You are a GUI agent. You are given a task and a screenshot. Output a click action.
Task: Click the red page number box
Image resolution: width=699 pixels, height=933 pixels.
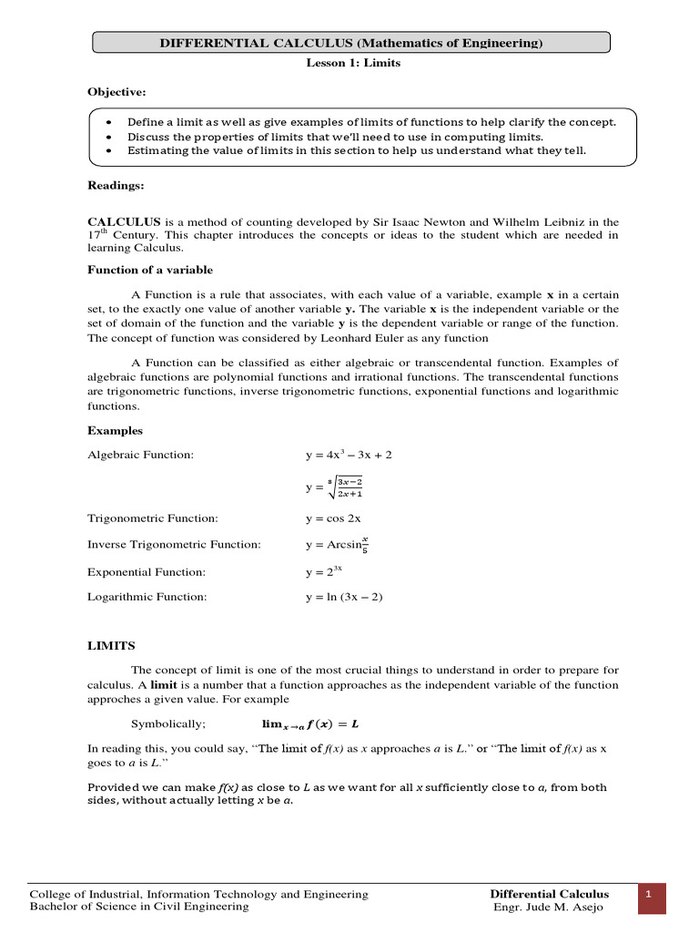pyautogui.click(x=651, y=897)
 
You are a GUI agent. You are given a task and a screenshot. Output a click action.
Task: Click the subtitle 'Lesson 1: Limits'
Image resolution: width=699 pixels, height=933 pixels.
pyautogui.click(x=352, y=63)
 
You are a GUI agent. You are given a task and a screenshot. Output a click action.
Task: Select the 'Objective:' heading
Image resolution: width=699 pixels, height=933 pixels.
pyautogui.click(x=116, y=93)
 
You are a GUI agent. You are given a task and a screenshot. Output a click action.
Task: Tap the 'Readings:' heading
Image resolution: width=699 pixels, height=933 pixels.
pyautogui.click(x=116, y=185)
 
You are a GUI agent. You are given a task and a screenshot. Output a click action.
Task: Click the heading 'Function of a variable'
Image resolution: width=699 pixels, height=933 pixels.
pyautogui.click(x=150, y=270)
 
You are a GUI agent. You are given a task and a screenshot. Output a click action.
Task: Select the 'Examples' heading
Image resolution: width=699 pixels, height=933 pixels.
pyautogui.click(x=115, y=430)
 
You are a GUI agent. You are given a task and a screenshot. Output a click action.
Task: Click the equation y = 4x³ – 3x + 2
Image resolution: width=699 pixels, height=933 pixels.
pyautogui.click(x=349, y=454)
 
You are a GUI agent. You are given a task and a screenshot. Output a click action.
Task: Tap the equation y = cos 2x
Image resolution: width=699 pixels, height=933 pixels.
pyautogui.click(x=333, y=518)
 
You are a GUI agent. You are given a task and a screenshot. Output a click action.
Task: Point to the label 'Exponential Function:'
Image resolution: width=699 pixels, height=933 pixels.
pyautogui.click(x=147, y=572)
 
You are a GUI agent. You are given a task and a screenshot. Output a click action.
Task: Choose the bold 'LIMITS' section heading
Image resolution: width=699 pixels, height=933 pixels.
pyautogui.click(x=111, y=645)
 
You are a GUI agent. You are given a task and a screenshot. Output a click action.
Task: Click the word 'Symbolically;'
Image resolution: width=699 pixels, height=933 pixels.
pyautogui.click(x=168, y=723)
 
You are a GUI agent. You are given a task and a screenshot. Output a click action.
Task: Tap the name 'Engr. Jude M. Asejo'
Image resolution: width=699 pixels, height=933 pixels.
pyautogui.click(x=549, y=907)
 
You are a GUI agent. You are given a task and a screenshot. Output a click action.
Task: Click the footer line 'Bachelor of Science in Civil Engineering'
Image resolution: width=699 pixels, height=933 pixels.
pyautogui.click(x=139, y=907)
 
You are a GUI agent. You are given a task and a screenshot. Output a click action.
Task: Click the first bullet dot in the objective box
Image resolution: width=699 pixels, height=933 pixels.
pyautogui.click(x=109, y=122)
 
